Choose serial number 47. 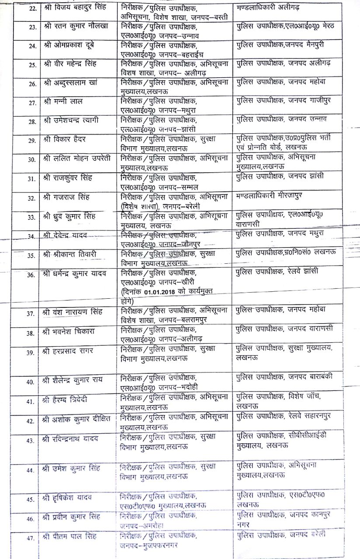coord(30,538)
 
